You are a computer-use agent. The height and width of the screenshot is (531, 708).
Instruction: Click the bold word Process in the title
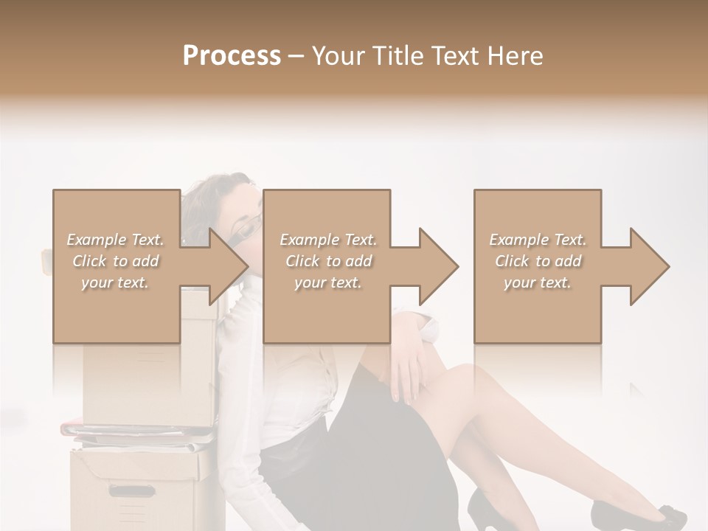click(232, 56)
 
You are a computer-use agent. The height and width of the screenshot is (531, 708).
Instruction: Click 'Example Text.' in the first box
click(116, 240)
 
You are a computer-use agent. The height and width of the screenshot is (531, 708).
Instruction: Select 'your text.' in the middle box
click(327, 282)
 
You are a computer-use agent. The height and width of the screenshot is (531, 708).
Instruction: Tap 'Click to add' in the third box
click(538, 261)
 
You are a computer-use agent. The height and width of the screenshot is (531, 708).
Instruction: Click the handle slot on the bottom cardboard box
click(133, 490)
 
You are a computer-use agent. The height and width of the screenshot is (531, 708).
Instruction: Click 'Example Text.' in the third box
click(538, 240)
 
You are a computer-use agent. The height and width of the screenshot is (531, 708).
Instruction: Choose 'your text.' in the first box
click(116, 282)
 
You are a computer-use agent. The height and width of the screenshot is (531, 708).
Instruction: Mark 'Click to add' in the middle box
click(327, 261)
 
